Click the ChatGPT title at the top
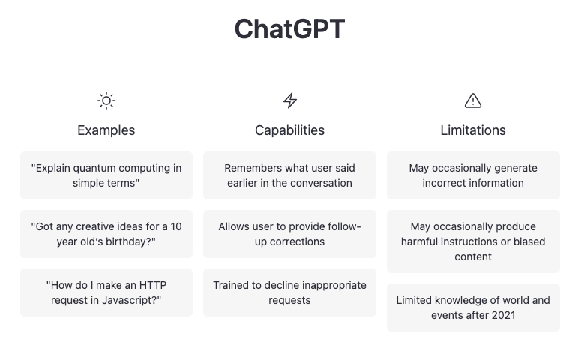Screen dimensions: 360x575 (289, 29)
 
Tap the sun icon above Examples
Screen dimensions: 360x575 (106, 100)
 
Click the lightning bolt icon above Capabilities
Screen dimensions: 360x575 (289, 100)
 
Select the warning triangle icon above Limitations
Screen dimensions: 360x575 (472, 100)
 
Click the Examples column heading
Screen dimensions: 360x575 (106, 130)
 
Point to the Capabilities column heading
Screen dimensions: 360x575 (289, 130)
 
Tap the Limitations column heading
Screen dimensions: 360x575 (472, 130)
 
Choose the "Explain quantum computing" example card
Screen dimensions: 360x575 (106, 175)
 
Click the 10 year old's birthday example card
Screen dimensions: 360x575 (106, 234)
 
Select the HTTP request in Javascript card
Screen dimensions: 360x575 (106, 292)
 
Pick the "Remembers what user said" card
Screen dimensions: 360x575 (289, 175)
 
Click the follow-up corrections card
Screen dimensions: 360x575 (289, 234)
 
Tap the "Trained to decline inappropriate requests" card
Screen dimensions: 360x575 (289, 292)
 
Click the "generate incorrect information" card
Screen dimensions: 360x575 (472, 175)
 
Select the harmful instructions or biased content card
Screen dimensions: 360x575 (472, 241)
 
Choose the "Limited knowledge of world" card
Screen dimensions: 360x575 (472, 307)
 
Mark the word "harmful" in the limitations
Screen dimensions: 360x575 (422, 241)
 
